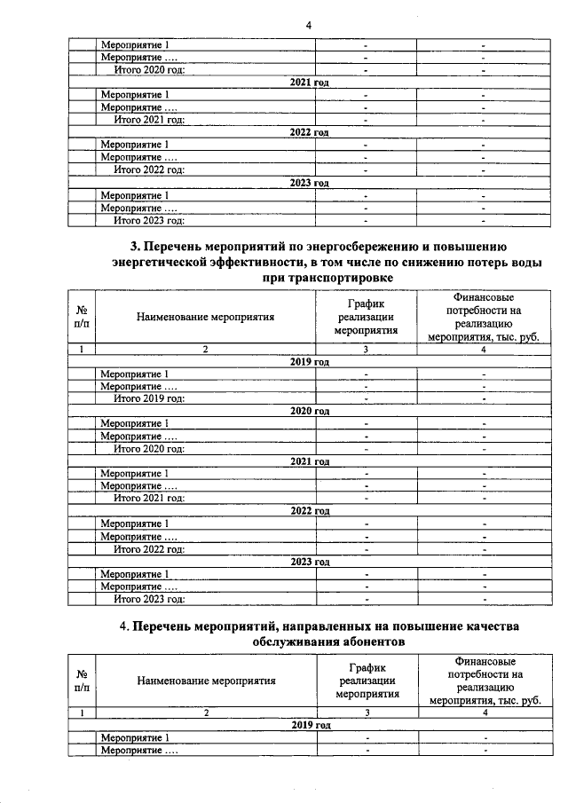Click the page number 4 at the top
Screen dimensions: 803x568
[x=308, y=25]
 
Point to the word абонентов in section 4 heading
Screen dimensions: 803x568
[x=365, y=643]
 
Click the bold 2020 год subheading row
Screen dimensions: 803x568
[x=309, y=412]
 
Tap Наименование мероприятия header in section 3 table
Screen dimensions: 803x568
[x=206, y=315]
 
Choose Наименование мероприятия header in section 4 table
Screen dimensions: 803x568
[x=206, y=681]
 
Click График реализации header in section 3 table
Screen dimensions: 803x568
[x=365, y=316]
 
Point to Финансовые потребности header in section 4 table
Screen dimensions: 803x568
[x=485, y=681]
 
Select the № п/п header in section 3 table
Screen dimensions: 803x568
[x=82, y=316]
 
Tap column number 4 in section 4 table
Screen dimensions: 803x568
[x=485, y=712]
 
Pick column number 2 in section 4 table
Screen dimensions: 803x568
[x=206, y=712]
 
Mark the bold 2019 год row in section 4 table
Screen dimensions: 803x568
[x=309, y=726]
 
